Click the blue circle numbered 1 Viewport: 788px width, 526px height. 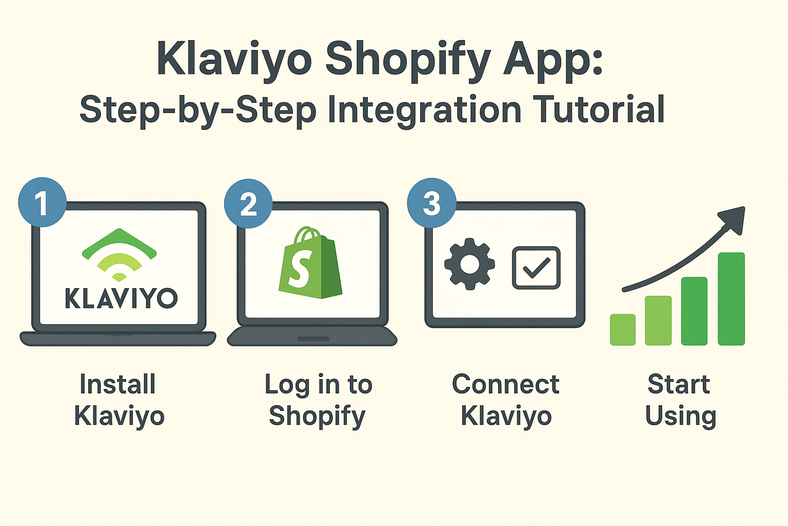pyautogui.click(x=42, y=203)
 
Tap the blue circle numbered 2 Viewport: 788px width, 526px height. pyautogui.click(x=248, y=204)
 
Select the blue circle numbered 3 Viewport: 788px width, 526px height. pyautogui.click(x=431, y=203)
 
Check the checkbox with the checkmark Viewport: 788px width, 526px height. pyautogui.click(x=536, y=268)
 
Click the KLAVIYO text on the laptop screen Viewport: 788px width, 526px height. pyautogui.click(x=121, y=298)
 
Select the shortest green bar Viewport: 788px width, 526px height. pyautogui.click(x=623, y=329)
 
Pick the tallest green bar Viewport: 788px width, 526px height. pyautogui.click(x=731, y=298)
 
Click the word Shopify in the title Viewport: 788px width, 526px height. pyautogui.click(x=408, y=60)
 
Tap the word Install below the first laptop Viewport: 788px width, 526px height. pyautogui.click(x=117, y=384)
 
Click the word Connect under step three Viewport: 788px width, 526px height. pyautogui.click(x=505, y=384)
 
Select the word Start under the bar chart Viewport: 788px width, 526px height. pyautogui.click(x=679, y=384)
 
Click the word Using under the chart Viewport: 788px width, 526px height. pyautogui.click(x=680, y=416)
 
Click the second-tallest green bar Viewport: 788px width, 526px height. pyautogui.click(x=694, y=311)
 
